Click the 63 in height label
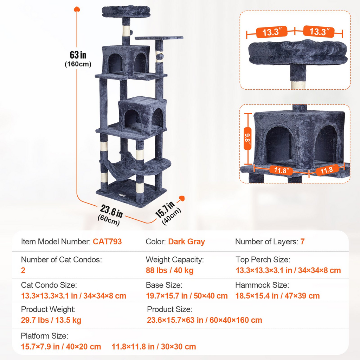tap(78, 55)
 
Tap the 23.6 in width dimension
tap(111, 212)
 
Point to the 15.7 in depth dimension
tap(163, 210)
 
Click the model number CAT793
tap(107, 242)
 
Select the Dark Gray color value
tap(186, 242)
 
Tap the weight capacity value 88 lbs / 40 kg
tap(169, 270)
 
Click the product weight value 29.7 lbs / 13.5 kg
tap(51, 320)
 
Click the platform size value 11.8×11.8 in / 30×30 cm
tap(154, 347)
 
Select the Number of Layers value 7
tap(302, 242)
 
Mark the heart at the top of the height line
tap(77, 8)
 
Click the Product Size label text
tap(169, 309)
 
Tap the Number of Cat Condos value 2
tap(23, 270)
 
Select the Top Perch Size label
tap(263, 260)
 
